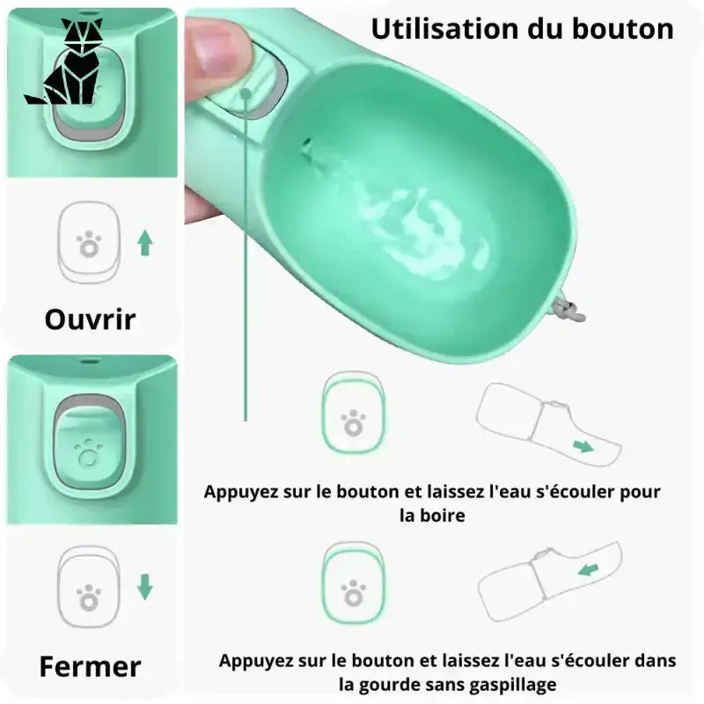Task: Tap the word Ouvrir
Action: tap(91, 319)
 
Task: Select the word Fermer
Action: tap(91, 666)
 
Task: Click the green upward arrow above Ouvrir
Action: tap(144, 243)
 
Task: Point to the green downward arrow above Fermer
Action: tap(144, 587)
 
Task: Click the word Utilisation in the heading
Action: tap(445, 29)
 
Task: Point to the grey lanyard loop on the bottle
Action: tap(568, 309)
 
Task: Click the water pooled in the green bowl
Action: tap(417, 229)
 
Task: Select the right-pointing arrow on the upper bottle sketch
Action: tap(583, 446)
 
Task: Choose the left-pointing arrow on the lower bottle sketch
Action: tap(588, 570)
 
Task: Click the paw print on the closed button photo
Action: tap(89, 454)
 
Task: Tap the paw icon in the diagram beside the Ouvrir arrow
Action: tap(89, 245)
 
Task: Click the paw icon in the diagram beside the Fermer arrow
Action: tap(89, 598)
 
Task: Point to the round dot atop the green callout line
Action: tap(246, 94)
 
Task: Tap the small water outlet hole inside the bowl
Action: tap(306, 144)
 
